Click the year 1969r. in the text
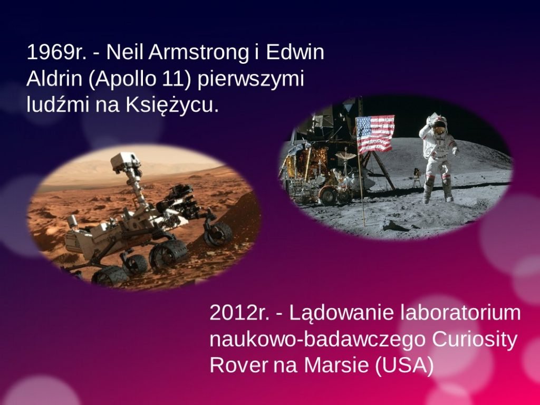click(56, 52)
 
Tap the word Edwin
click(295, 52)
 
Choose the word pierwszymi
click(250, 80)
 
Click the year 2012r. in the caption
click(239, 313)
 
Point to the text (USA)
click(404, 366)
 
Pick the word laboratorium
click(461, 313)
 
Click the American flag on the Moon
click(375, 133)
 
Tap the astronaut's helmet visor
click(438, 131)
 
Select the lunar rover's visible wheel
click(328, 195)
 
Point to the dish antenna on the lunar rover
click(345, 156)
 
